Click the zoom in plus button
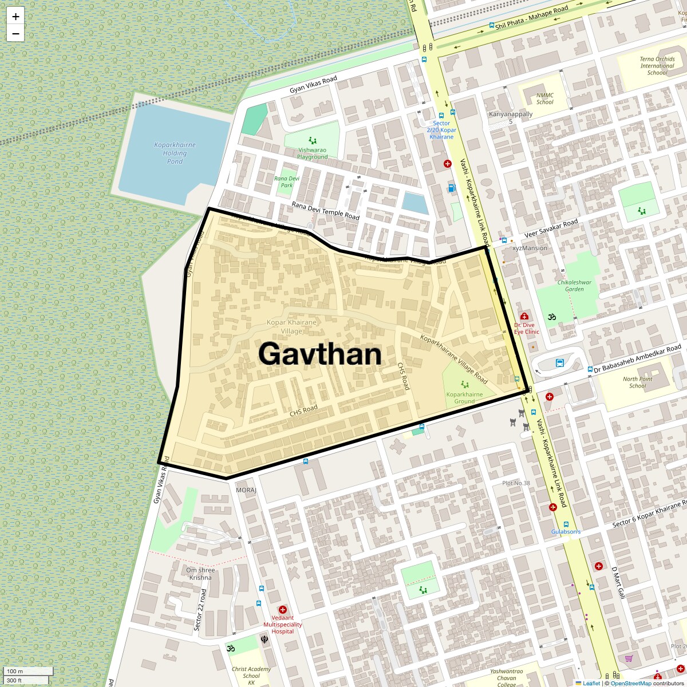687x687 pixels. [15, 17]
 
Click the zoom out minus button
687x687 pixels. [15, 33]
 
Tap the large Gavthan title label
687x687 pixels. [319, 354]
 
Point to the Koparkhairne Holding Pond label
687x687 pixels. [175, 153]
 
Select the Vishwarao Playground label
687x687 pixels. [313, 153]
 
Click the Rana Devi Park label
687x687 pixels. [287, 181]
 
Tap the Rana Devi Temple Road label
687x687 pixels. [325, 211]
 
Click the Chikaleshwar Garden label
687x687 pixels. [574, 286]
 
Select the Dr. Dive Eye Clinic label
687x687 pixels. [526, 328]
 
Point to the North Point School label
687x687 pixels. [637, 382]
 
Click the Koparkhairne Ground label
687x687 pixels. [464, 398]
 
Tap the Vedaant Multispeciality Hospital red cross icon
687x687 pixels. [282, 610]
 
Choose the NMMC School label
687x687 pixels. [544, 99]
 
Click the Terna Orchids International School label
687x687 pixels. [657, 66]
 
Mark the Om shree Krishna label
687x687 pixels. [200, 574]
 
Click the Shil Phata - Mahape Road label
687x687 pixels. [532, 18]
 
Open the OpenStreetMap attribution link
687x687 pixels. [631, 683]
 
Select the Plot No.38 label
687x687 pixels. [516, 483]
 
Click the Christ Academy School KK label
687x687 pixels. [251, 676]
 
